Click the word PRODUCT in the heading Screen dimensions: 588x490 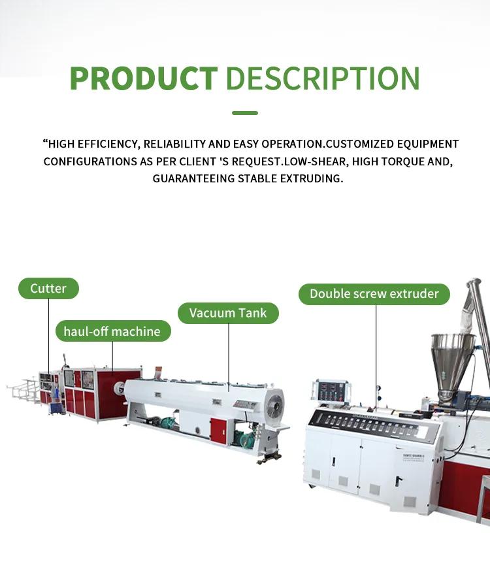pyautogui.click(x=143, y=78)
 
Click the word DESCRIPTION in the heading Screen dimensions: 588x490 pyautogui.click(x=323, y=78)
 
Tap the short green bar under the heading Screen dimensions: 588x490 pyautogui.click(x=245, y=113)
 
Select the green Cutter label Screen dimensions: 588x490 pyautogui.click(x=48, y=288)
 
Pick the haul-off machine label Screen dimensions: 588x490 pyautogui.click(x=112, y=331)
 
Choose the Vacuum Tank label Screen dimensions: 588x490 pyautogui.click(x=228, y=313)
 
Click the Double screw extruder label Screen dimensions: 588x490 pyautogui.click(x=374, y=293)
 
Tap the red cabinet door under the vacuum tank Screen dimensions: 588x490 pyautogui.click(x=220, y=430)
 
